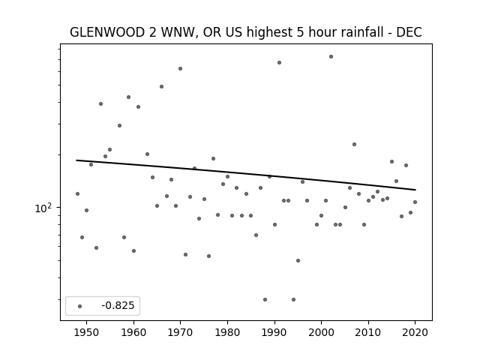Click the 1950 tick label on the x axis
click(87, 332)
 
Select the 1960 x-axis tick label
click(133, 332)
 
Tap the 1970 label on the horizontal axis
click(181, 332)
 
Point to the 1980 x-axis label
click(227, 332)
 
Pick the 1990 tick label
click(274, 332)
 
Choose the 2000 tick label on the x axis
click(322, 332)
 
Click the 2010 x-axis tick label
click(368, 332)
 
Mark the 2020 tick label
click(415, 332)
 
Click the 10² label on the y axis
click(43, 208)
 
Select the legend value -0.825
click(118, 305)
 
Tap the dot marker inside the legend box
click(80, 306)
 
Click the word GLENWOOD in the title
click(107, 32)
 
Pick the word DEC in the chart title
click(409, 32)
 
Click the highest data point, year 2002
click(331, 57)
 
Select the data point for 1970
click(180, 68)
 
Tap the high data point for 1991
click(279, 63)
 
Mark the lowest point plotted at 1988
click(265, 299)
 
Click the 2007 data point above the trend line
click(354, 145)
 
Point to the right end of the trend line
click(415, 190)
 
